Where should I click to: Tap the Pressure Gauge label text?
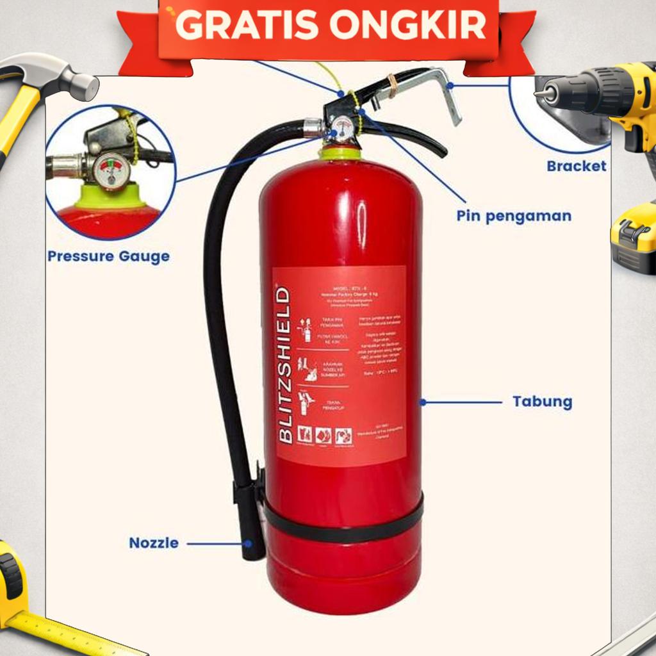108,257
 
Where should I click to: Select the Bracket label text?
576,166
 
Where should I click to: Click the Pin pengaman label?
514,216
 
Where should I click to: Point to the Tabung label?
542,402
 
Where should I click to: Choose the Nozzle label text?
154,543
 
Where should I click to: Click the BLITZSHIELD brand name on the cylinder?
285,365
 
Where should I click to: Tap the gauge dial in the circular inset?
111,171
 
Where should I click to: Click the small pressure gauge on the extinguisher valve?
343,127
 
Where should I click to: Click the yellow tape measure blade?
77,635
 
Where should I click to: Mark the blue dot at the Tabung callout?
423,402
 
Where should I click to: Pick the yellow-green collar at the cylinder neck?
340,154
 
